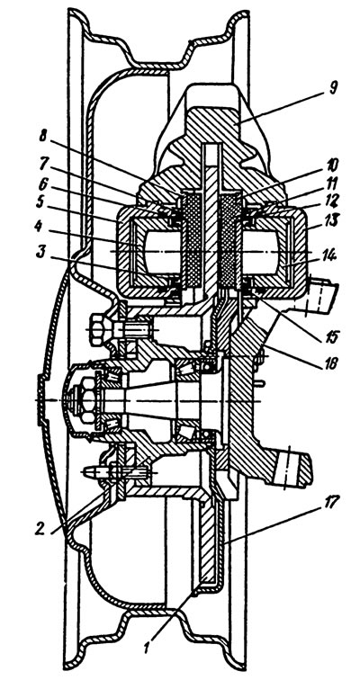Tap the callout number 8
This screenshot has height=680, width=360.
pyautogui.click(x=42, y=136)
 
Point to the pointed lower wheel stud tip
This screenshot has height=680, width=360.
pyautogui.click(x=89, y=472)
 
